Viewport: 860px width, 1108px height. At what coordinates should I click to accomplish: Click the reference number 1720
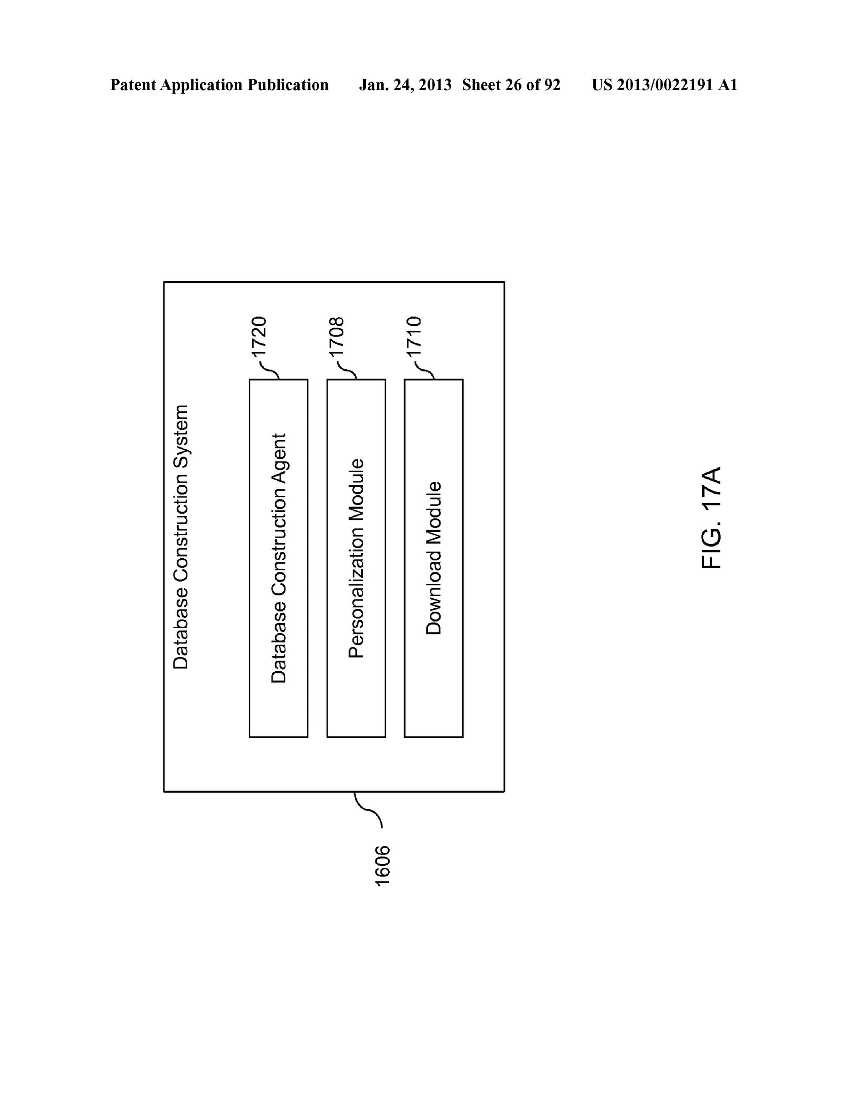pyautogui.click(x=259, y=338)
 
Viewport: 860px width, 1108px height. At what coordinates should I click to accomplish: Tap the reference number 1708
pyautogui.click(x=337, y=338)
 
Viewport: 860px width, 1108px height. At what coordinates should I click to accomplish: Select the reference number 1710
pyautogui.click(x=414, y=338)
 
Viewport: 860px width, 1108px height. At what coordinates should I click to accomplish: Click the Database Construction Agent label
pyautogui.click(x=279, y=558)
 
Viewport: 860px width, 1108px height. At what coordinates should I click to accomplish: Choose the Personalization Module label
pyautogui.click(x=357, y=558)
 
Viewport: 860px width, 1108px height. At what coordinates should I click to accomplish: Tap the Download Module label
pyautogui.click(x=433, y=558)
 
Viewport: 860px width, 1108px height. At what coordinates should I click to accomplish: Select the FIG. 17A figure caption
pyautogui.click(x=712, y=517)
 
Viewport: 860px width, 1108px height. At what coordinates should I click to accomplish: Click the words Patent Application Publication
pyautogui.click(x=219, y=85)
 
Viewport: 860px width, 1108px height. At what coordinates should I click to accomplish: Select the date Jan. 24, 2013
pyautogui.click(x=405, y=85)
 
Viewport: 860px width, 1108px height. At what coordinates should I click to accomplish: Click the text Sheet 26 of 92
pyautogui.click(x=511, y=85)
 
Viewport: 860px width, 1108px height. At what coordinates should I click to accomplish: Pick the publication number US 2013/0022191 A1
pyautogui.click(x=665, y=85)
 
